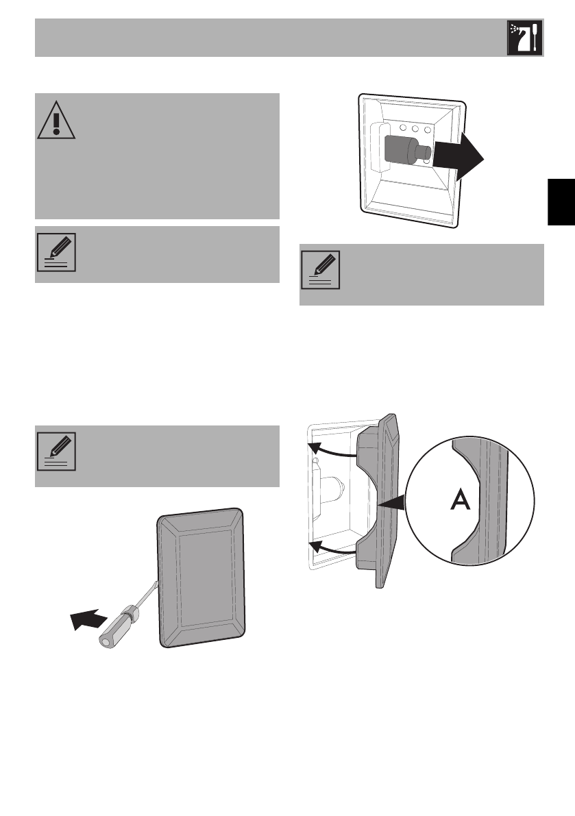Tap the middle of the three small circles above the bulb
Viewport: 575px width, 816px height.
coord(416,129)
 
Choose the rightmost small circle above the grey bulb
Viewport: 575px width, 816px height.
coord(428,129)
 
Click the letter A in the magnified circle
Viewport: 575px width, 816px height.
coord(459,502)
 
